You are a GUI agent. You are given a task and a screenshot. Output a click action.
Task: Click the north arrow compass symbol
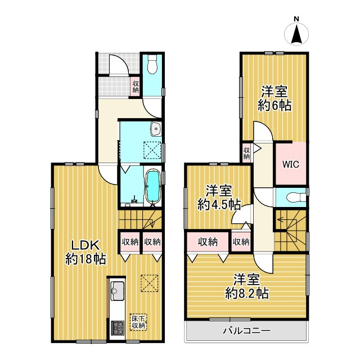[x=296, y=34]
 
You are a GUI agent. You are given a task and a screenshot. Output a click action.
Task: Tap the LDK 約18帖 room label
[x=85, y=253]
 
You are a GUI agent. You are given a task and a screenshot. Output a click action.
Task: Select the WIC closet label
[x=291, y=164]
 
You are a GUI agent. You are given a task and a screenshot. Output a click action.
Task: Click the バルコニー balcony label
[x=247, y=331]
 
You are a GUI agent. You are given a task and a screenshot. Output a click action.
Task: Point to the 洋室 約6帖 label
[x=274, y=98]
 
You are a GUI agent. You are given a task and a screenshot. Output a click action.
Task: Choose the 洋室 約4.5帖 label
[x=219, y=197]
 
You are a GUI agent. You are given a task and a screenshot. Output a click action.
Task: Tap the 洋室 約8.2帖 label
[x=247, y=286]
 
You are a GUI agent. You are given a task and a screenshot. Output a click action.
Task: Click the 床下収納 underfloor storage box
[x=138, y=322]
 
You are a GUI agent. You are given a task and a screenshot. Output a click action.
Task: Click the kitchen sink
[x=118, y=291]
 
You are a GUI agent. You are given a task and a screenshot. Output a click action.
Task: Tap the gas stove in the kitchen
[x=118, y=327]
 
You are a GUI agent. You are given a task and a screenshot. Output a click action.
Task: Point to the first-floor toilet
[x=152, y=64]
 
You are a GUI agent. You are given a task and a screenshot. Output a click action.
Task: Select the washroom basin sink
[x=156, y=129]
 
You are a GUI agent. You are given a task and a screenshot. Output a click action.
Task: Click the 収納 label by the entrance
[x=136, y=87]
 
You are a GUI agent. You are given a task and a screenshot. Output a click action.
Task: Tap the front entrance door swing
[x=118, y=65]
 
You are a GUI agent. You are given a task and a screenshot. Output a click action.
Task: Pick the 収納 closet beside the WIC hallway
[x=247, y=154]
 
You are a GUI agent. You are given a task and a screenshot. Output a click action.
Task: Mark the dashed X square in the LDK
[x=150, y=283]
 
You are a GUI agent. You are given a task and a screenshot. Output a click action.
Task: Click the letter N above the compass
[x=296, y=19]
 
